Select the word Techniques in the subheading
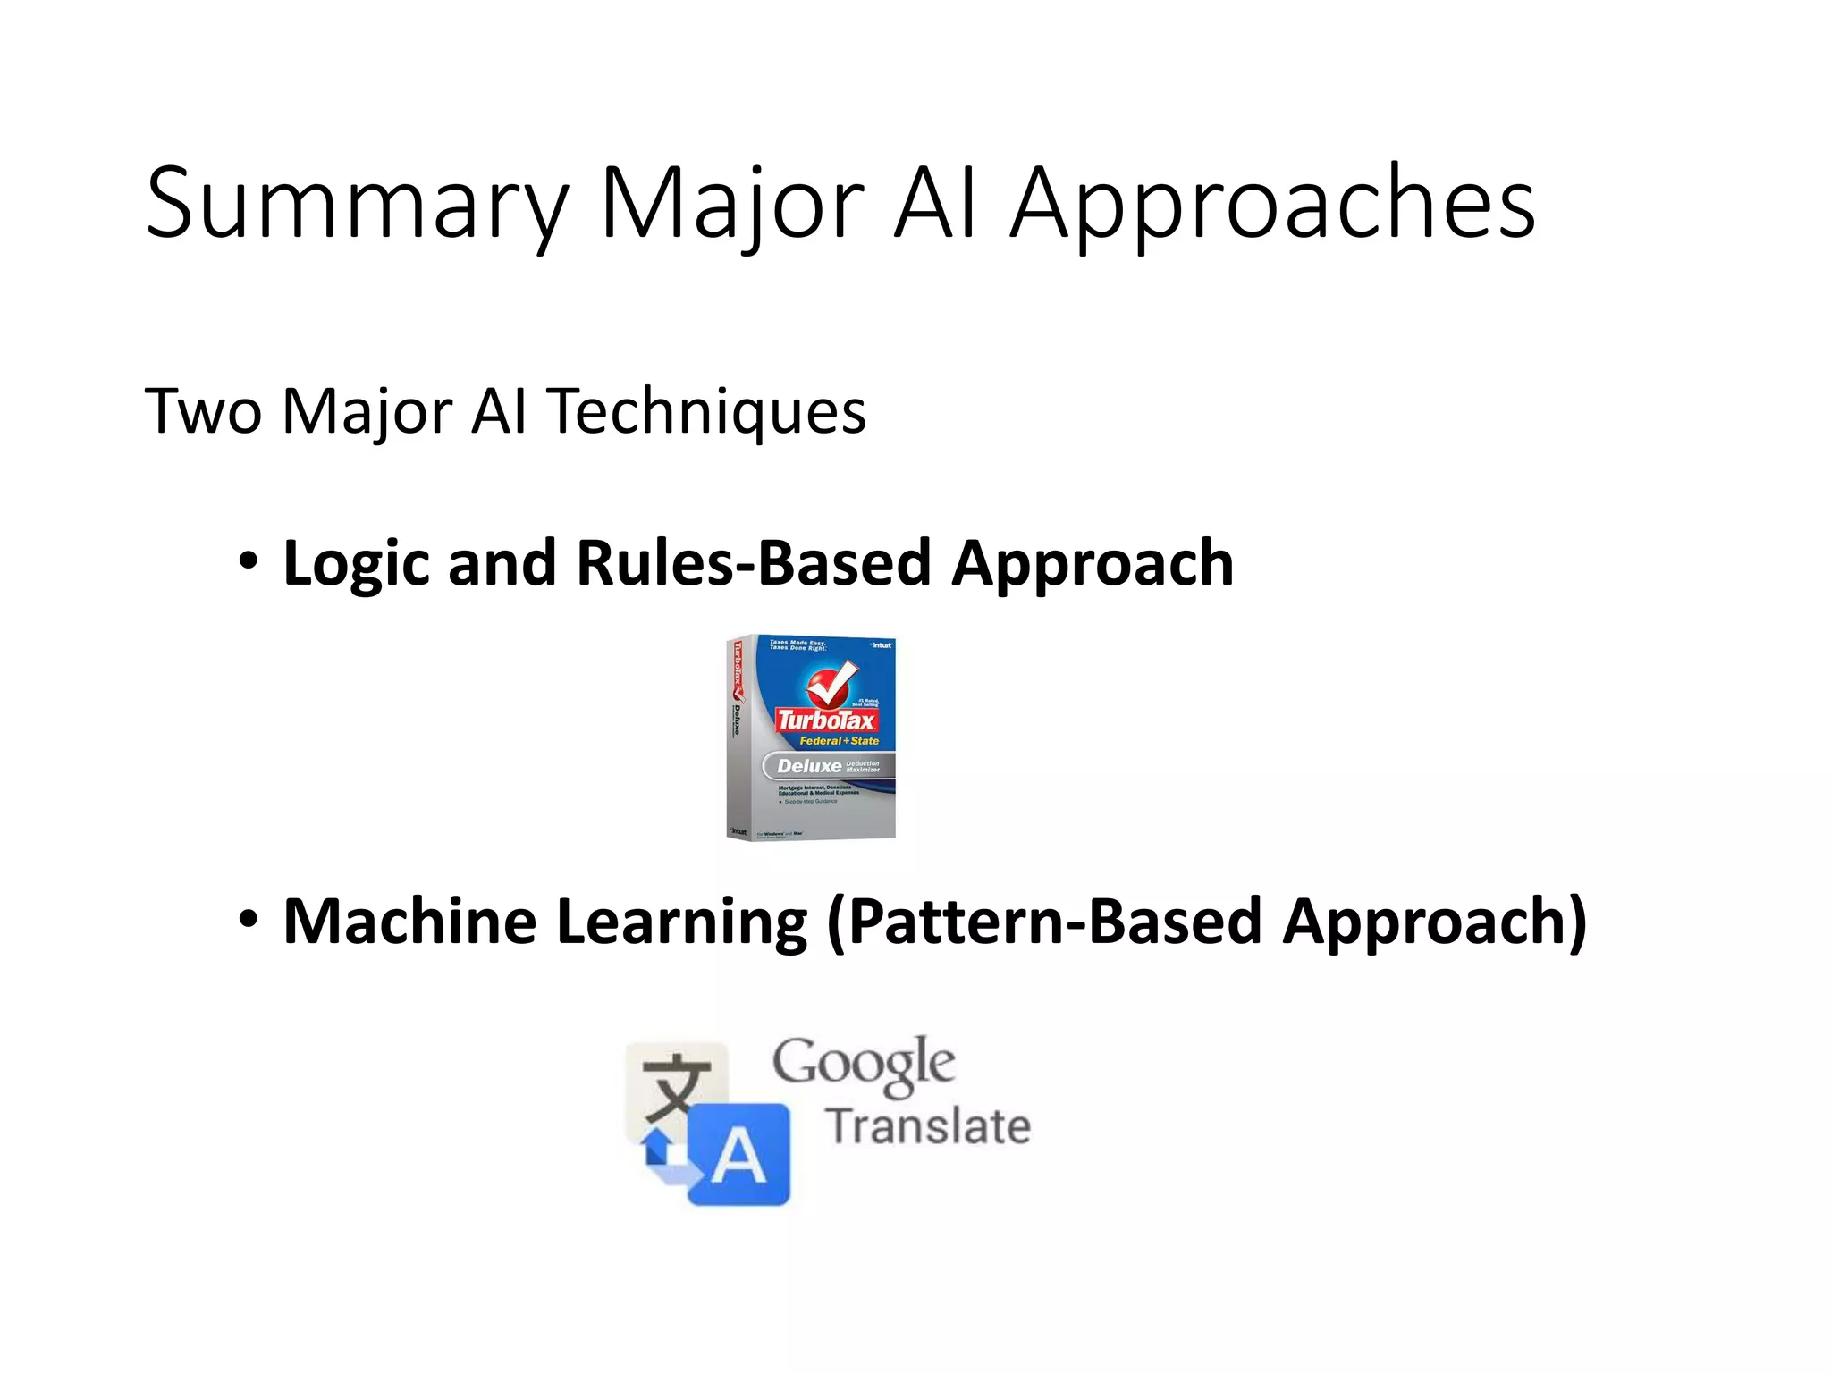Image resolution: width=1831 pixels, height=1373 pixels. click(706, 411)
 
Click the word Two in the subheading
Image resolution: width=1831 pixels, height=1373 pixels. click(203, 411)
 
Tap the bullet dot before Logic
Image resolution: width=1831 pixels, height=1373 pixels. click(248, 561)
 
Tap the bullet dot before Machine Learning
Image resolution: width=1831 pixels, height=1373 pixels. click(248, 919)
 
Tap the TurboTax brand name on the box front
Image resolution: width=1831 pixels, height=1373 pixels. click(826, 720)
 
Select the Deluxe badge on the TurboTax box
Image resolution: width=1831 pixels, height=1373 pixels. click(810, 766)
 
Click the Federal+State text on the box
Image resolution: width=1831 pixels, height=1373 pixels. click(839, 741)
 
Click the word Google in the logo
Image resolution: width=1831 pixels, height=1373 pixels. click(864, 1064)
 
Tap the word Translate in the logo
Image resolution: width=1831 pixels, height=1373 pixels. click(928, 1126)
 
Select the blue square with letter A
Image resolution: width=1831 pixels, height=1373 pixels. click(740, 1155)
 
